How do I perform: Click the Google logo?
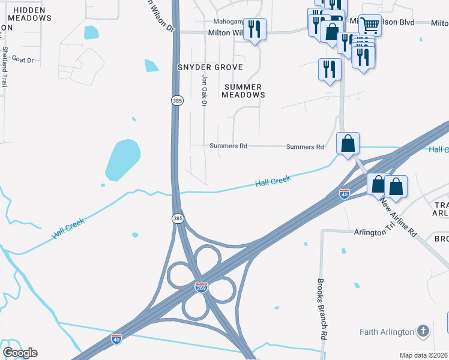pyautogui.click(x=20, y=353)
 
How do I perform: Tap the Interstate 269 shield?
pyautogui.click(x=201, y=289)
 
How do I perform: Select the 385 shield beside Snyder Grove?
pyautogui.click(x=176, y=101)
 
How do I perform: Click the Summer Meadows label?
pyautogui.click(x=244, y=91)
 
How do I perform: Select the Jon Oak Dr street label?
pyautogui.click(x=204, y=91)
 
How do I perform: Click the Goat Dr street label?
pyautogui.click(x=22, y=60)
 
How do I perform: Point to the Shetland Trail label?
pyautogui.click(x=5, y=67)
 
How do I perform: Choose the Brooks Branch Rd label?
pyautogui.click(x=322, y=310)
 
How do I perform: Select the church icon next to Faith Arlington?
pyautogui.click(x=423, y=331)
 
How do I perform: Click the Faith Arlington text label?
pyautogui.click(x=387, y=332)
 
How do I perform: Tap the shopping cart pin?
pyautogui.click(x=370, y=25)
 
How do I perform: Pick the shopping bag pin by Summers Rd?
pyautogui.click(x=348, y=144)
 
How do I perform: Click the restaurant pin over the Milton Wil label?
pyautogui.click(x=255, y=29)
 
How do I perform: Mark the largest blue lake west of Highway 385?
pyautogui.click(x=122, y=159)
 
